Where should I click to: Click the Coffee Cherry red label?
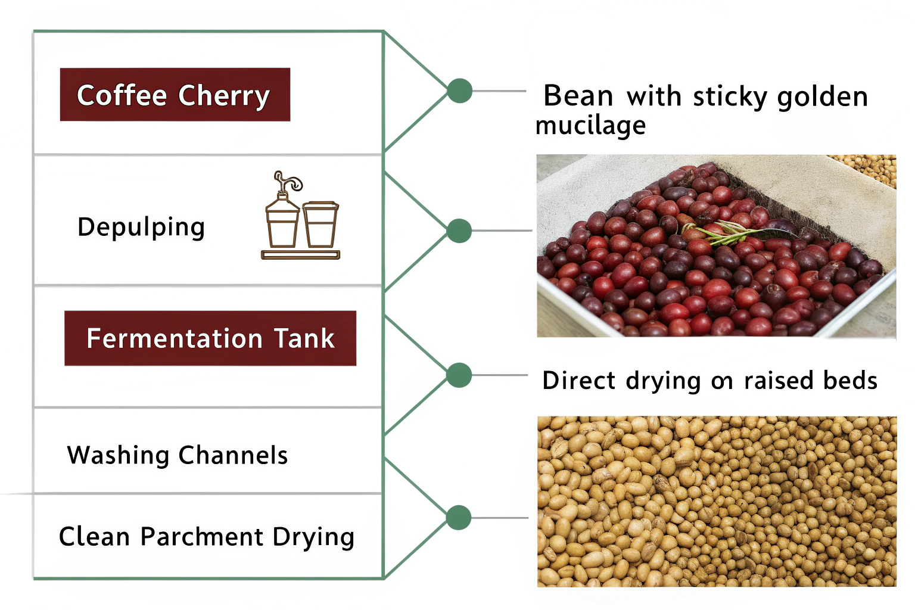[x=175, y=95]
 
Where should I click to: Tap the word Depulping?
[x=141, y=227]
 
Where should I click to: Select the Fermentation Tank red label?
[x=210, y=338]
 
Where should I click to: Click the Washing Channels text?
[x=177, y=455]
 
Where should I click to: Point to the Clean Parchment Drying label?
[x=206, y=537]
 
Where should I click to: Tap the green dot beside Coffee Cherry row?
[x=459, y=91]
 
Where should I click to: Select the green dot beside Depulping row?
[x=459, y=231]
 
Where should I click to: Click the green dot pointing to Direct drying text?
[x=459, y=375]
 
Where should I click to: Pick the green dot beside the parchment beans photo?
[x=459, y=518]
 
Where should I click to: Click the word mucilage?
[x=590, y=126]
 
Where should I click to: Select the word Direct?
[x=579, y=380]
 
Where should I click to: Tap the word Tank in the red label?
[x=304, y=338]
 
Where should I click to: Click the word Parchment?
[x=202, y=537]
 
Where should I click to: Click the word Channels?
[x=233, y=455]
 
